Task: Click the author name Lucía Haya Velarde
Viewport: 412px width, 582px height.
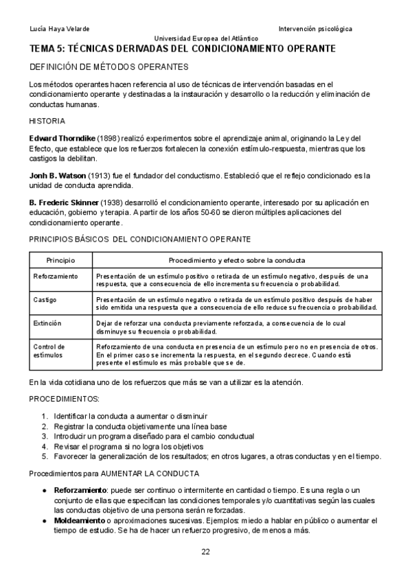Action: pyautogui.click(x=60, y=29)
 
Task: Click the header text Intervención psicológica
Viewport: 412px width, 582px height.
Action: pyautogui.click(x=315, y=29)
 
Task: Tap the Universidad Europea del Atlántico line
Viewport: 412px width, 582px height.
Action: pyautogui.click(x=206, y=38)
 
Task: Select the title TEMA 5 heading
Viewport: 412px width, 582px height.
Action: pyautogui.click(x=182, y=49)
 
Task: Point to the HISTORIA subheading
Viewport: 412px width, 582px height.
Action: pyautogui.click(x=47, y=120)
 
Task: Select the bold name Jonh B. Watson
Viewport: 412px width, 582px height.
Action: pyautogui.click(x=57, y=175)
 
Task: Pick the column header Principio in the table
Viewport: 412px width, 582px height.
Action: pyautogui.click(x=60, y=261)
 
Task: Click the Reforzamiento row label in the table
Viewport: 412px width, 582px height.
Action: pyautogui.click(x=56, y=275)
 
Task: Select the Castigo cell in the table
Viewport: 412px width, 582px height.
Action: pyautogui.click(x=45, y=300)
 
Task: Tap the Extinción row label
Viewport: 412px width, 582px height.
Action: pyautogui.click(x=47, y=323)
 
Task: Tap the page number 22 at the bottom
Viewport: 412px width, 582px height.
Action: pyautogui.click(x=206, y=552)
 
